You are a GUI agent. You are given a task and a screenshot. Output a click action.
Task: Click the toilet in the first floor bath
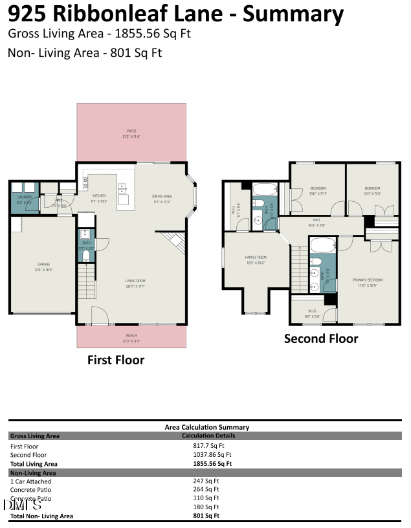[x=86, y=256]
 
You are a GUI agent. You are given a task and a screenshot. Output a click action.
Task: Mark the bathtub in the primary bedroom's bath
[x=322, y=245]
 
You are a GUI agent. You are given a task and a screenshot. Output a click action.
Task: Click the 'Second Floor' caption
[x=321, y=338]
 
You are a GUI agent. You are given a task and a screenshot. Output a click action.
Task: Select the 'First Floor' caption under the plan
[x=116, y=360]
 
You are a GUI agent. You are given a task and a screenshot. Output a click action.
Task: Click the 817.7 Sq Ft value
[x=208, y=446]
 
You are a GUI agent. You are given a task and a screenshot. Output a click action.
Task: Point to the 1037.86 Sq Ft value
[x=212, y=455]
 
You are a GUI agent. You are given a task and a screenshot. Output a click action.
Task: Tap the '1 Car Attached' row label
[x=30, y=481]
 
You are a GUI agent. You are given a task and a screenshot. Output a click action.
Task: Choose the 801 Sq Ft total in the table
[x=206, y=516]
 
